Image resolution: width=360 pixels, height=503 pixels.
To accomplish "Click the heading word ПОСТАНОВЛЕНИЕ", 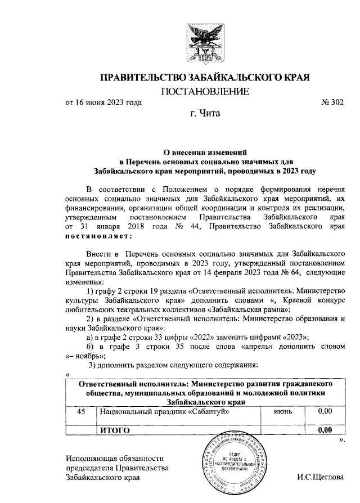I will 205,91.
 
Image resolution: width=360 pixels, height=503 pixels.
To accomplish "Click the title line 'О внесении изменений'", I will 205,151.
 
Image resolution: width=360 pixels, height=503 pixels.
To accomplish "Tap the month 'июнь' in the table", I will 283,412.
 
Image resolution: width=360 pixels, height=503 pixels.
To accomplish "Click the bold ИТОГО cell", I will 115,430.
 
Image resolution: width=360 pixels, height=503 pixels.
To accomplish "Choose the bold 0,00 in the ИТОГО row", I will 325,430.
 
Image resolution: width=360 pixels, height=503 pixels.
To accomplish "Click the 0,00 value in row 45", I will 325,412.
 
